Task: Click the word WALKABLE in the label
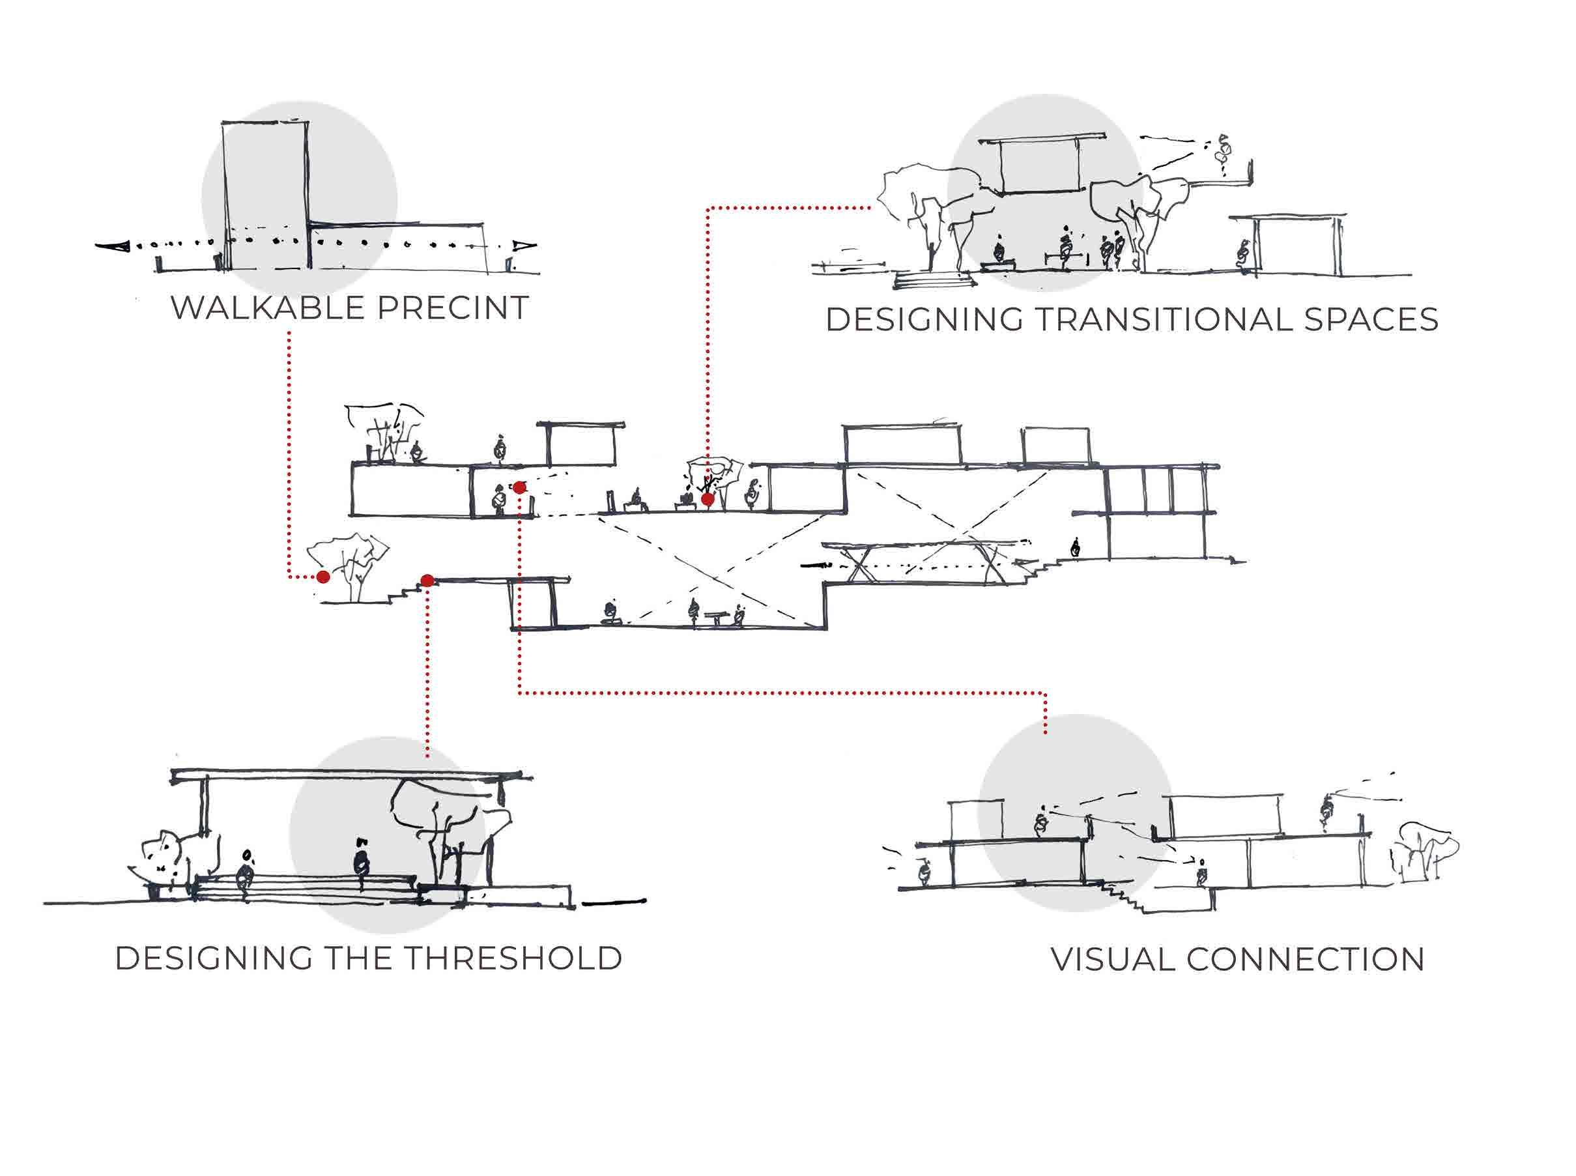coord(266,308)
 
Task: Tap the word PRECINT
coord(452,308)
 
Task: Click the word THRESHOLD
coord(514,958)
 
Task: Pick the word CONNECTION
coord(1306,960)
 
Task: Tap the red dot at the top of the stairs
coord(427,581)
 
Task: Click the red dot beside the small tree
coord(323,577)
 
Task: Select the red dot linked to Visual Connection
coord(520,487)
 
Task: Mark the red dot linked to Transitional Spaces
coord(708,500)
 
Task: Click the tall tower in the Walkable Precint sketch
coord(266,195)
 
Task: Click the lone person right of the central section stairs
coord(1075,548)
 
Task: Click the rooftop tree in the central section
coord(384,431)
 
